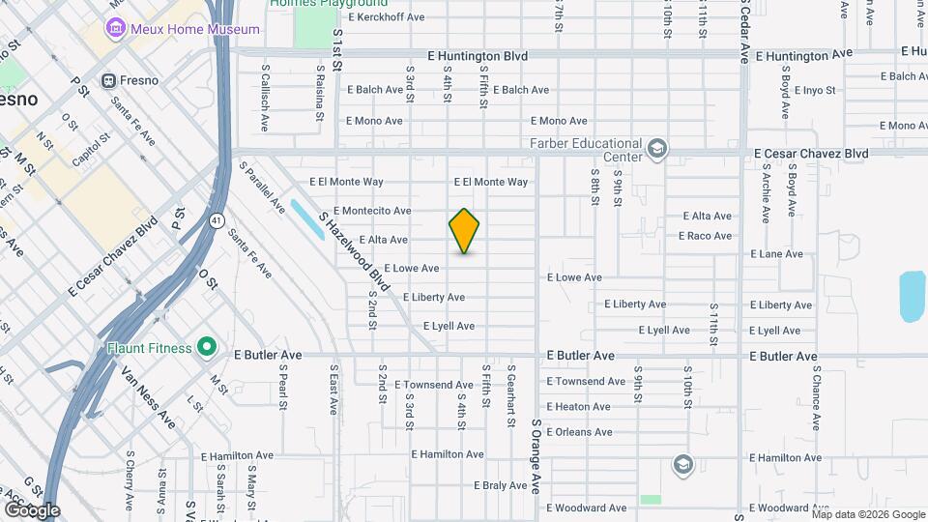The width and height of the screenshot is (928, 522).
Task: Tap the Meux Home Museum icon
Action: (117, 29)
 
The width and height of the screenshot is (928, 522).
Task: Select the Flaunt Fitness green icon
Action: (206, 346)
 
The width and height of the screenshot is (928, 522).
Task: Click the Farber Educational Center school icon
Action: (657, 147)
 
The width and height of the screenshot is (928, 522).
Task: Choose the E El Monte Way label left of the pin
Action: (346, 182)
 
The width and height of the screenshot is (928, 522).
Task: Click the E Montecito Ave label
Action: (372, 211)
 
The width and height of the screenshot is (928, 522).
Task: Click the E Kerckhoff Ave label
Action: (387, 16)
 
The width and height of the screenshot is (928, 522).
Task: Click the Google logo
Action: (32, 509)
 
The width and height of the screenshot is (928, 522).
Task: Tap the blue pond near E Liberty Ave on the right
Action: (912, 296)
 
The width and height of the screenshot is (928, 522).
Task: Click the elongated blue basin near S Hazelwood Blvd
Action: (307, 220)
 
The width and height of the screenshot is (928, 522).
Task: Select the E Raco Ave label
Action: (705, 236)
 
